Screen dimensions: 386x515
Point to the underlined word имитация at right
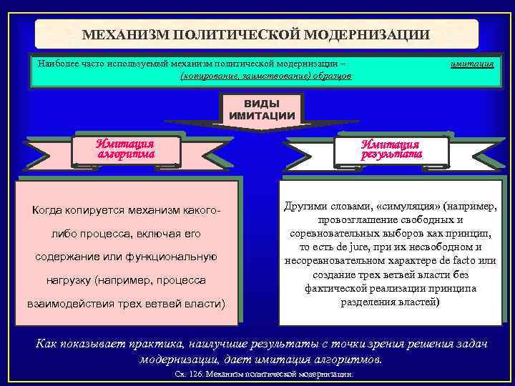click(471, 63)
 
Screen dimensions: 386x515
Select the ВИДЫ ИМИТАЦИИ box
click(262, 109)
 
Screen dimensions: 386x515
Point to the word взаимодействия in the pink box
click(64, 303)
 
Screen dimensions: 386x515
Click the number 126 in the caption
click(197, 375)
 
